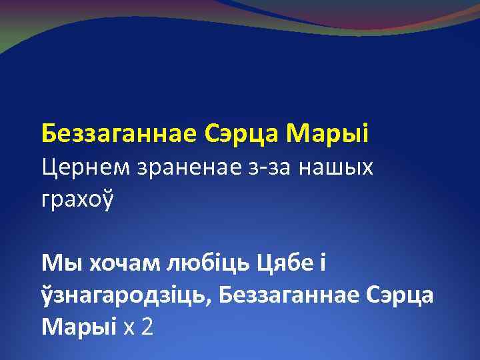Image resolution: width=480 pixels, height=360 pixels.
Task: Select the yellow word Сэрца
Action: [240, 133]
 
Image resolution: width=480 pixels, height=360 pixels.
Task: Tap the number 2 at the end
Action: [147, 326]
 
